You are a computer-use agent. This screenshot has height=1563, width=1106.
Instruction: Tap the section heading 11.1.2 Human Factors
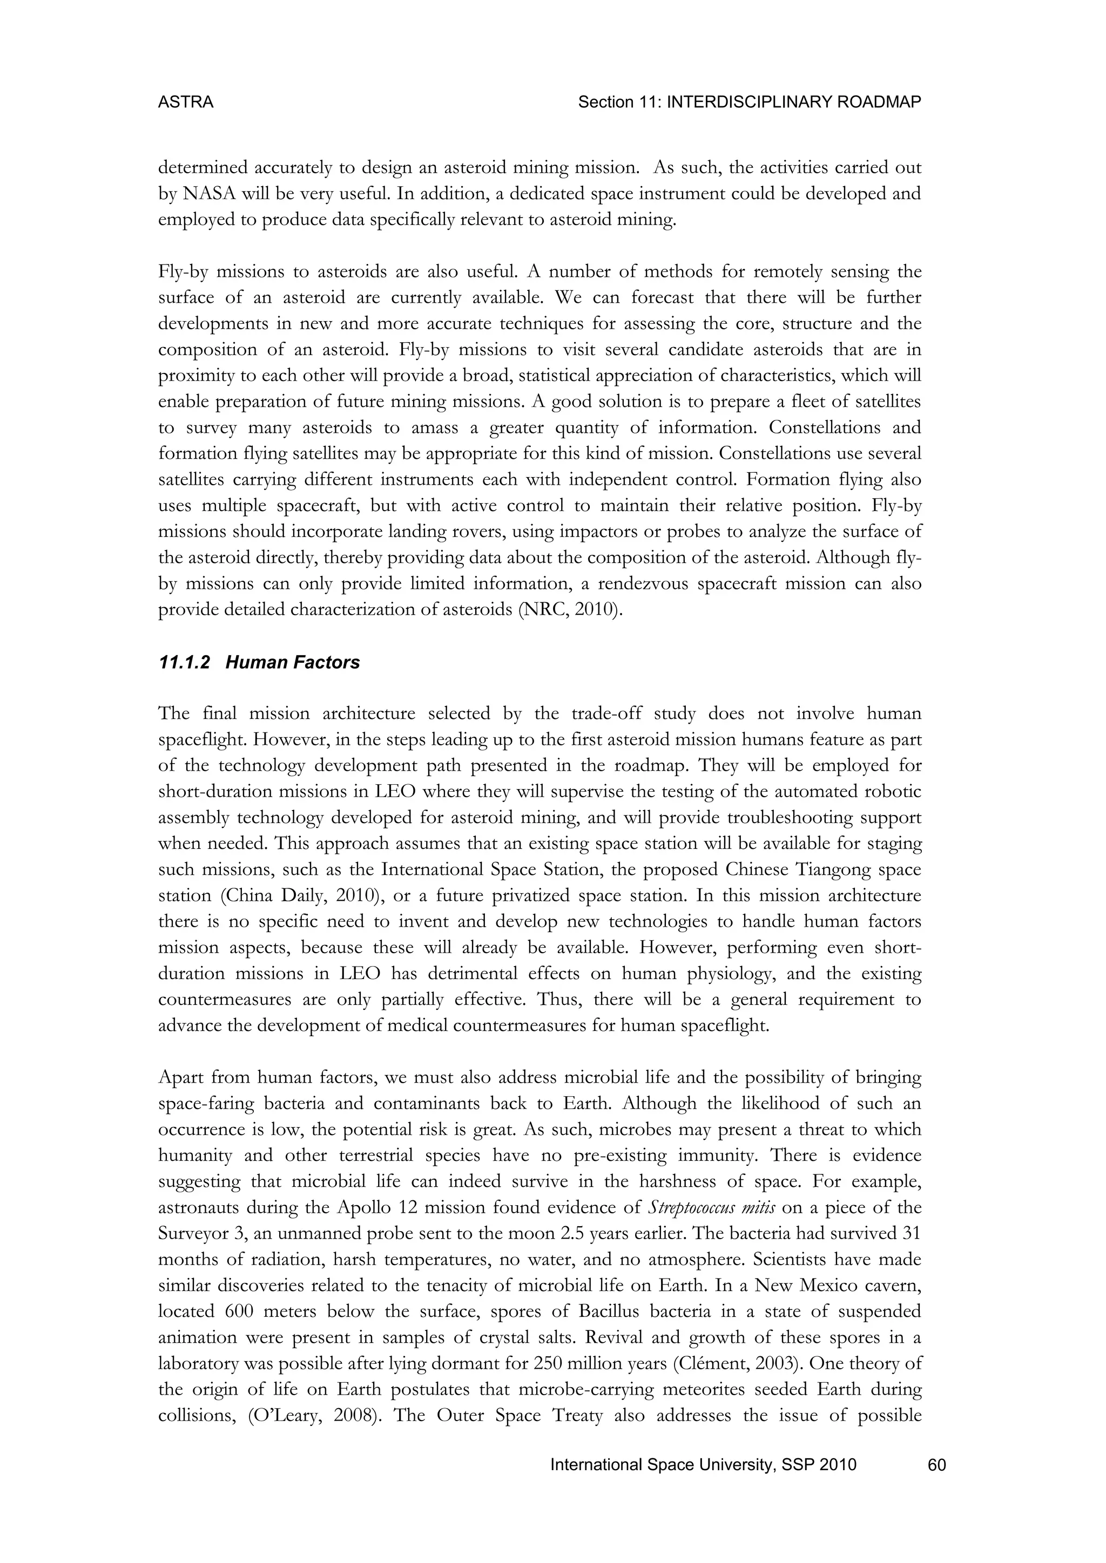tap(258, 662)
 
